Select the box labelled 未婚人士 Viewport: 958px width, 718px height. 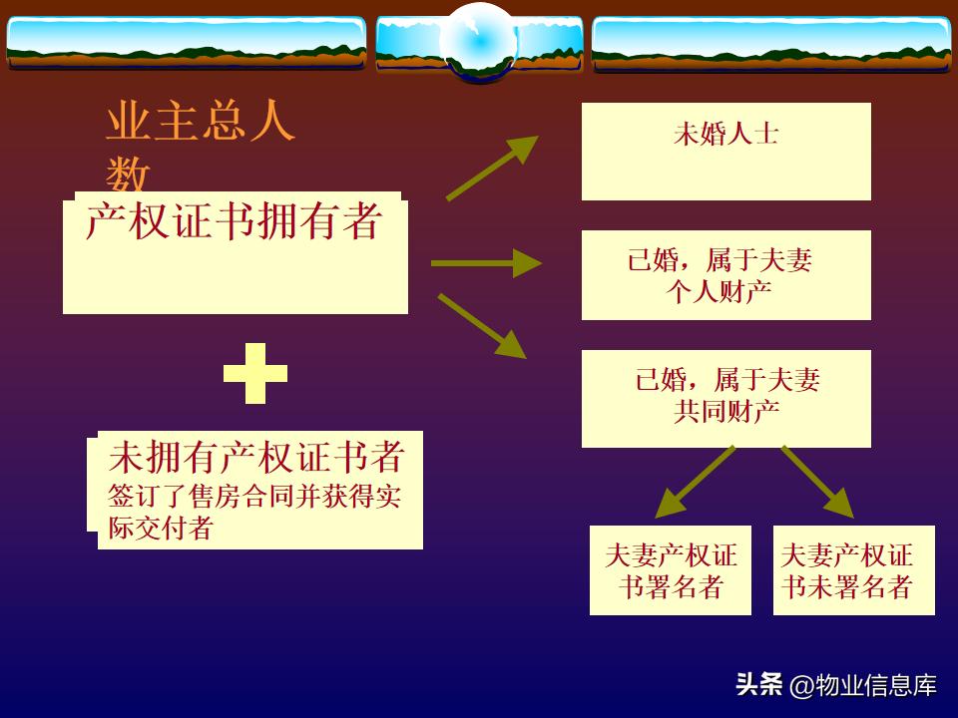click(725, 151)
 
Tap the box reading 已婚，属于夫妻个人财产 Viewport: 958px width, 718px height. click(725, 275)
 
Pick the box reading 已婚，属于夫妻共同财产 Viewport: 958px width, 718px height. click(725, 397)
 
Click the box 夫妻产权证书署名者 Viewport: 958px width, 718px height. click(670, 570)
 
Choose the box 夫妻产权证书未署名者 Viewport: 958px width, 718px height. click(853, 570)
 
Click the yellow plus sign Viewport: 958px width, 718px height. click(255, 373)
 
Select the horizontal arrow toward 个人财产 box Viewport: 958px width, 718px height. click(486, 263)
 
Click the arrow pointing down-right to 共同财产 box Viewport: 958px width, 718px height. click(481, 325)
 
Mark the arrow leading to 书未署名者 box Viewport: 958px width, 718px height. click(817, 483)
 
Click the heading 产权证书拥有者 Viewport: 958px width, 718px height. click(234, 221)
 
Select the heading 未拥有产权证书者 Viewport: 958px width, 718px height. click(256, 457)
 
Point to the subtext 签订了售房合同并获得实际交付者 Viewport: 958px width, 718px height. click(254, 512)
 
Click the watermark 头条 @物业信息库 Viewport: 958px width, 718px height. click(836, 685)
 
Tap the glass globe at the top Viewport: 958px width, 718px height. click(479, 42)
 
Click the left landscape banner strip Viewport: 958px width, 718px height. click(186, 42)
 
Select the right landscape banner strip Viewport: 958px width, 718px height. click(770, 42)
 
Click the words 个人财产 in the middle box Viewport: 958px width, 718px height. click(724, 291)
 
